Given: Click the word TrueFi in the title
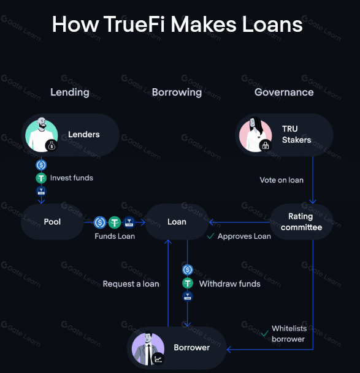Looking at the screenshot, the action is [134, 24].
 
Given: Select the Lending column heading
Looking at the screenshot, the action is [70, 92].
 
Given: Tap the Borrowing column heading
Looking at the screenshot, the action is [177, 92].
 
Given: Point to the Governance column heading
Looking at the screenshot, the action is [284, 92].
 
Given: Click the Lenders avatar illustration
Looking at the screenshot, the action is [42, 135].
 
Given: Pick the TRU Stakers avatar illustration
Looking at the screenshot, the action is [255, 135].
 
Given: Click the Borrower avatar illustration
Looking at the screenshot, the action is [148, 348].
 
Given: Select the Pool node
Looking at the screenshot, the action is [52, 222].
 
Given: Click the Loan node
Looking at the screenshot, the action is [177, 222].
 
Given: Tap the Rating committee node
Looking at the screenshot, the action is [301, 222].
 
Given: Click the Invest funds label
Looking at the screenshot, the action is [72, 178].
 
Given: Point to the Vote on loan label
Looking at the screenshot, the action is [281, 180].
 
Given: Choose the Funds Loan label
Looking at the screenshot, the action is [115, 236].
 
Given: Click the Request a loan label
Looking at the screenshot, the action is [131, 284].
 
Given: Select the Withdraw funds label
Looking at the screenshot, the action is [229, 284].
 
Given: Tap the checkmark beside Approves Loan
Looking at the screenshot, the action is [210, 236].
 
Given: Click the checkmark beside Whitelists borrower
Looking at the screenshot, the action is [264, 334].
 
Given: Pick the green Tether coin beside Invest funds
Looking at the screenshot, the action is [41, 178].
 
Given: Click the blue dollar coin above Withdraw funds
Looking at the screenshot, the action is [188, 269].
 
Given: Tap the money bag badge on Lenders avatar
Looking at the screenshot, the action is [52, 146].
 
